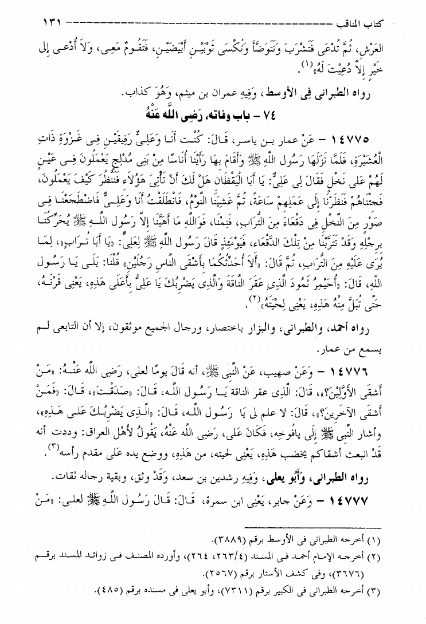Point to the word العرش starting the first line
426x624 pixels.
(x=398, y=48)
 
